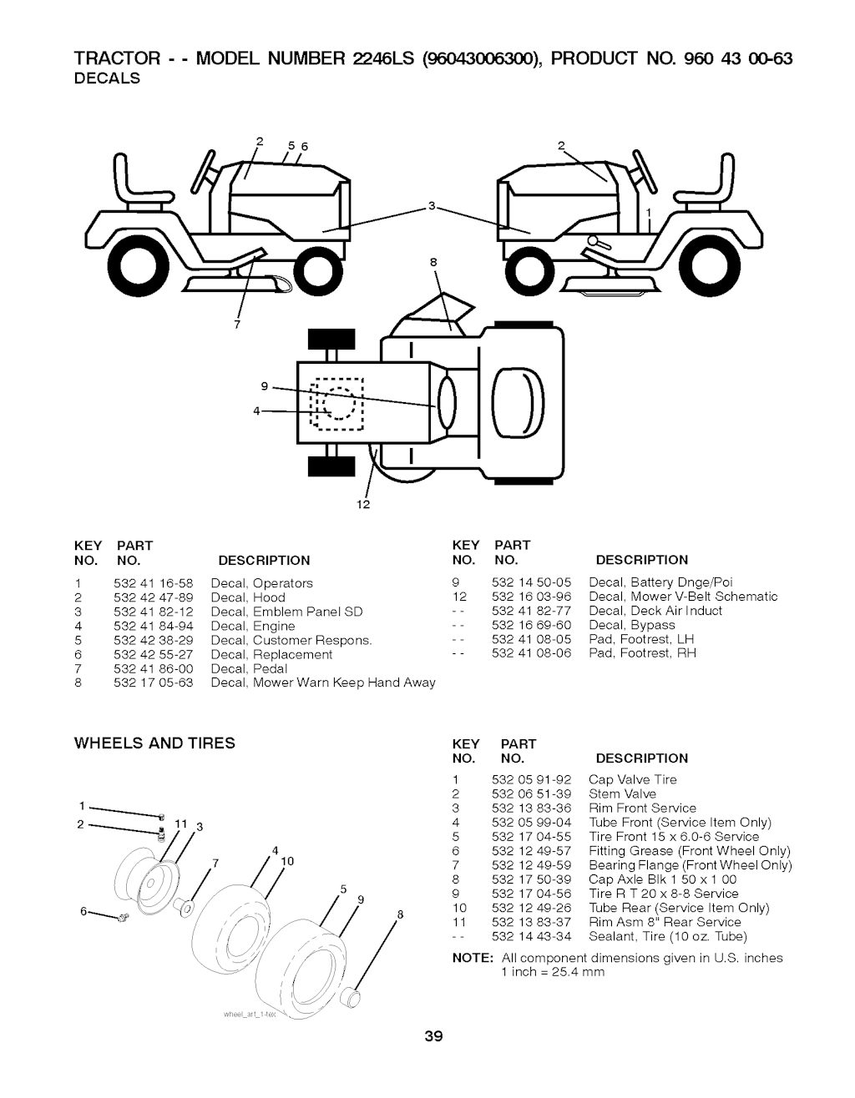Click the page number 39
click(x=433, y=1037)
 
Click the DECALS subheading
click(x=108, y=78)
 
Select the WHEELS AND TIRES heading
click(x=155, y=743)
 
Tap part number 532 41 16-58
click(x=153, y=583)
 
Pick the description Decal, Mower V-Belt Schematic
click(x=683, y=597)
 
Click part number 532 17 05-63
click(x=153, y=682)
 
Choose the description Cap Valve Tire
click(x=633, y=779)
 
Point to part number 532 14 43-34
click(x=531, y=936)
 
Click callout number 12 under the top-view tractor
click(x=363, y=505)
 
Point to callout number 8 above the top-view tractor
click(x=433, y=263)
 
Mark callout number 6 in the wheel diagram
click(x=84, y=911)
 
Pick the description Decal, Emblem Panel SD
click(x=287, y=612)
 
